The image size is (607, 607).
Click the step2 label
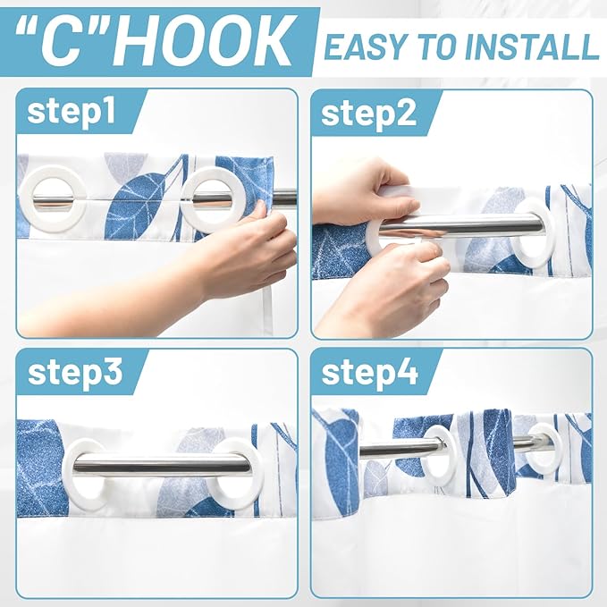click(367, 114)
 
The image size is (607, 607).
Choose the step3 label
click(73, 373)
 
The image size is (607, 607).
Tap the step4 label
click(369, 373)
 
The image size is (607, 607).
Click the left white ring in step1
click(53, 198)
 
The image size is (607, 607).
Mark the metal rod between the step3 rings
click(161, 463)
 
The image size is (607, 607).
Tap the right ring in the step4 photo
click(542, 448)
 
